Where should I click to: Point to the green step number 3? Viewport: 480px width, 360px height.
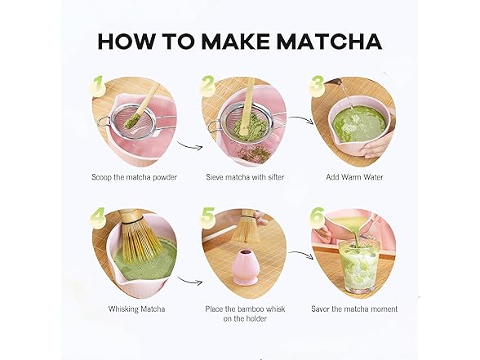[x=316, y=84]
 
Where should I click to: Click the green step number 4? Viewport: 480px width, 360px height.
[x=98, y=216]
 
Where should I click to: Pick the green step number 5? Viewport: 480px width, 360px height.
[x=207, y=217]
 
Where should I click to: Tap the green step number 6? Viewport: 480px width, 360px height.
[x=317, y=217]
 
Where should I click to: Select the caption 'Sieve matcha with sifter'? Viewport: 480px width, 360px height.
[x=241, y=176]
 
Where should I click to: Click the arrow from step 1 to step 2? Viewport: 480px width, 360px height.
[x=189, y=147]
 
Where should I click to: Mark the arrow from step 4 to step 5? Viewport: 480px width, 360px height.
[x=189, y=282]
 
